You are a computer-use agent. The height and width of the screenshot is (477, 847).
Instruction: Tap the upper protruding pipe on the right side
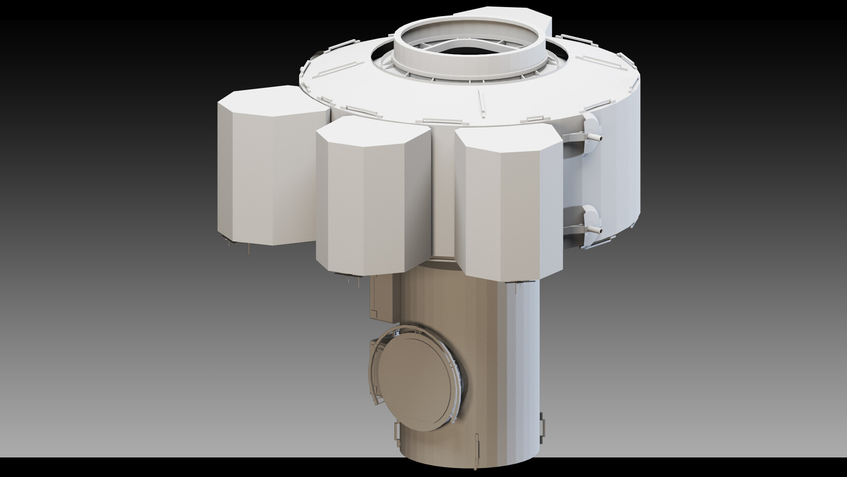click(595, 137)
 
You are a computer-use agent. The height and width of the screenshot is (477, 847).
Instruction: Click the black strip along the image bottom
click(423, 469)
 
